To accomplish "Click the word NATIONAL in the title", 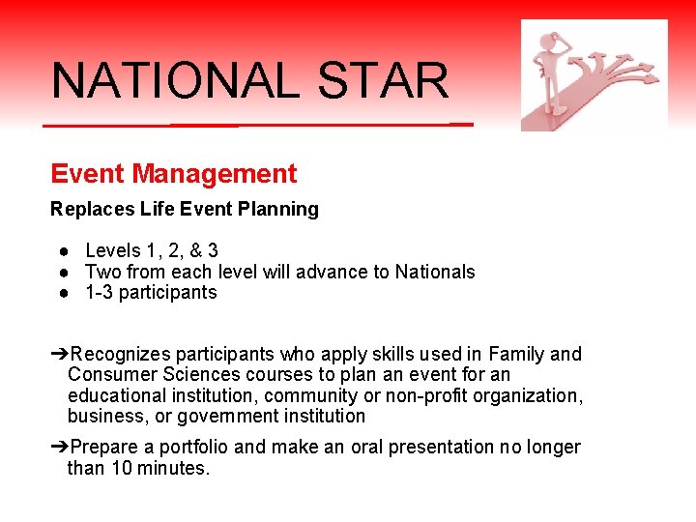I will (x=175, y=81).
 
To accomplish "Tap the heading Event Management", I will (x=174, y=174).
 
